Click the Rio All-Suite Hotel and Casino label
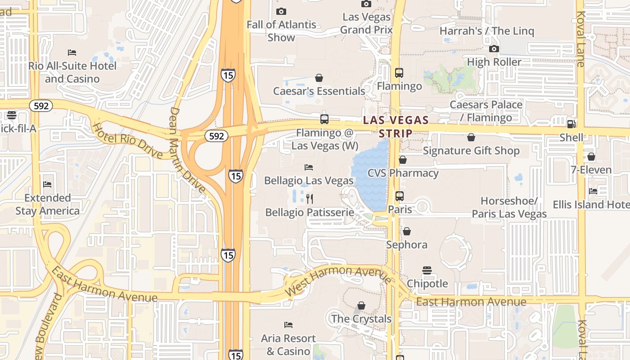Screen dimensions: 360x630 tap(72, 72)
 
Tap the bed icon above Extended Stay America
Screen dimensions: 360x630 tap(47, 184)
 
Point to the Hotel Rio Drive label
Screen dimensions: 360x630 tap(127, 140)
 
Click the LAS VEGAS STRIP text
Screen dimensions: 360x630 tap(396, 126)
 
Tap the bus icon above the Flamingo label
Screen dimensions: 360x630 tap(399, 72)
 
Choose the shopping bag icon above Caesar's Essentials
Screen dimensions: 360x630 tap(319, 78)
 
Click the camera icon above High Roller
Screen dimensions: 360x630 tap(494, 49)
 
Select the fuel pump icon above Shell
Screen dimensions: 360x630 tap(571, 124)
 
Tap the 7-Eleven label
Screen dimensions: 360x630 tap(591, 170)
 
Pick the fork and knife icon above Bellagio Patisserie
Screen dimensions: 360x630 tap(310, 198)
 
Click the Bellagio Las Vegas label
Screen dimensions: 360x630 tap(309, 180)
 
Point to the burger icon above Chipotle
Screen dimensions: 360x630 tap(427, 270)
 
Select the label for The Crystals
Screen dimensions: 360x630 tap(361, 319)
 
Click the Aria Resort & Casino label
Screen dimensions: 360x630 tap(288, 344)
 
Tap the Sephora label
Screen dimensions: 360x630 tap(407, 244)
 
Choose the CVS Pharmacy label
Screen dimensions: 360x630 tap(403, 173)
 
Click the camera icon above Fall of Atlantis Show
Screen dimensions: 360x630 tap(281, 11)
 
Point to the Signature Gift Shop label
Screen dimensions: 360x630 tap(471, 150)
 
